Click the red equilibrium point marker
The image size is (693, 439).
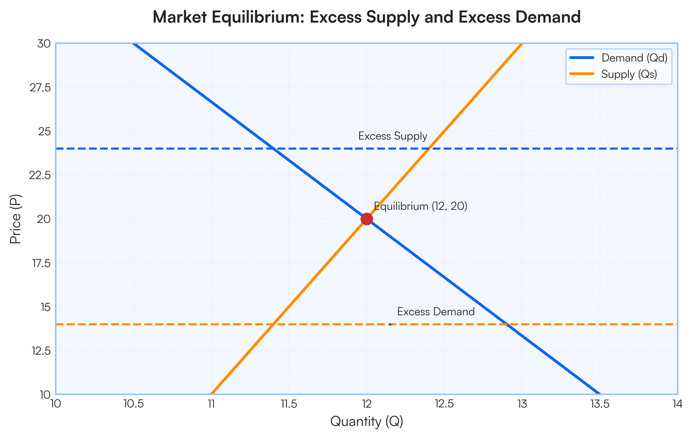click(366, 219)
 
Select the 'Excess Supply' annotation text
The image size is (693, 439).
click(393, 136)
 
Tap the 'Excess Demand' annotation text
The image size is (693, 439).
click(436, 312)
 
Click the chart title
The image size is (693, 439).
click(366, 17)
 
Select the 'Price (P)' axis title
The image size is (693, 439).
click(16, 219)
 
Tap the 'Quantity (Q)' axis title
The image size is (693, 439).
click(366, 422)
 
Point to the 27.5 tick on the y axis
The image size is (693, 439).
click(40, 88)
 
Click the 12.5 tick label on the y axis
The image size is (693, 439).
click(40, 351)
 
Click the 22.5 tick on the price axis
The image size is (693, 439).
click(40, 175)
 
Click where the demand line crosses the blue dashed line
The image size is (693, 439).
click(273, 148)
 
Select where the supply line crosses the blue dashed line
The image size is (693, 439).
click(429, 148)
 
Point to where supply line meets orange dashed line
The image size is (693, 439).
click(273, 324)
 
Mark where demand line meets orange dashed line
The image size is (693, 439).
click(506, 324)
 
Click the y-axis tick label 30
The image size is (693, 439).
click(43, 44)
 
